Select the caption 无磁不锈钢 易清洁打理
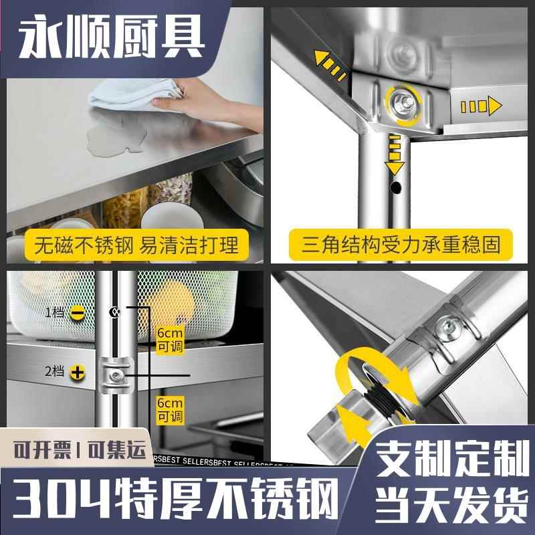(132, 244)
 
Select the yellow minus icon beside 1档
(77, 312)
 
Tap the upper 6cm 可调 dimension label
(169, 340)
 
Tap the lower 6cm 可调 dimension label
(169, 409)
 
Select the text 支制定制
(449, 462)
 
